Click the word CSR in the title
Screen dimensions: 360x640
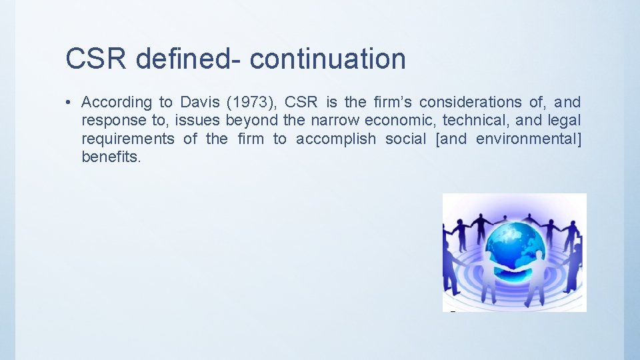click(x=96, y=59)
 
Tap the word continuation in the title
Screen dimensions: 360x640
click(x=327, y=59)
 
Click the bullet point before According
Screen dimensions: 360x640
click(x=69, y=103)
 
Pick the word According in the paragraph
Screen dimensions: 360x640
click(x=117, y=103)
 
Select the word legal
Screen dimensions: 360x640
click(x=565, y=121)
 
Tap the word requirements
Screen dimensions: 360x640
click(x=127, y=139)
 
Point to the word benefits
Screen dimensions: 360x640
click(x=111, y=157)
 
